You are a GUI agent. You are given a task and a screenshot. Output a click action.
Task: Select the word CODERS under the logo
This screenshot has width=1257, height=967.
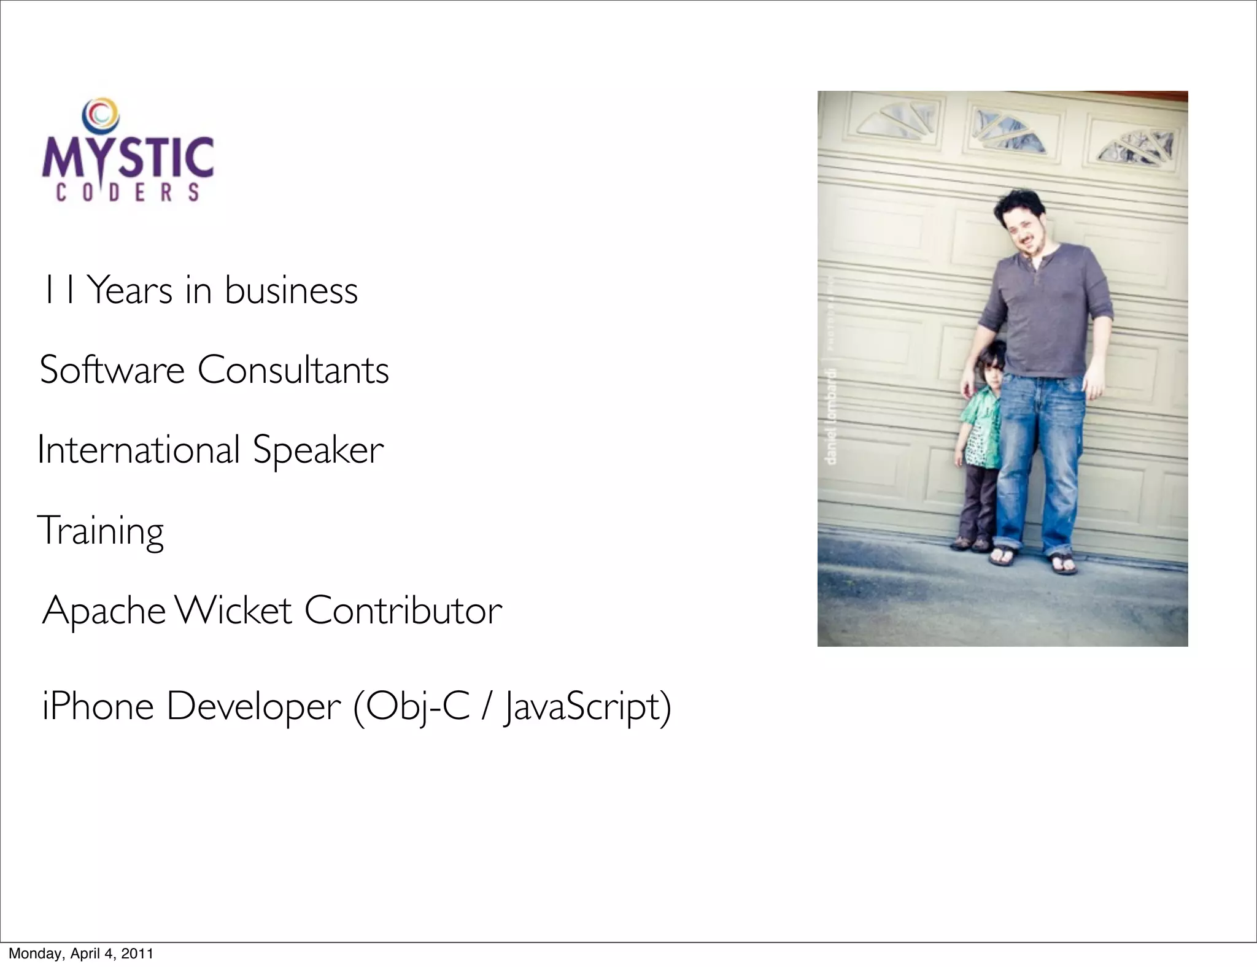point(128,193)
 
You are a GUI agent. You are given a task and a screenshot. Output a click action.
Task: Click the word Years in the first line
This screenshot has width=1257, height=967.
point(130,290)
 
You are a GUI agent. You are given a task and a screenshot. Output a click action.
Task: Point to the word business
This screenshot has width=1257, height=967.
point(291,290)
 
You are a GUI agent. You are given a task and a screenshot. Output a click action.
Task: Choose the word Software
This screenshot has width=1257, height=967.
point(112,370)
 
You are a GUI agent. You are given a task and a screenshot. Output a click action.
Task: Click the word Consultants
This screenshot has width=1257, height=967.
point(293,370)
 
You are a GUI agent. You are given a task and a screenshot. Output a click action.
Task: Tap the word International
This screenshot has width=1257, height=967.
point(138,450)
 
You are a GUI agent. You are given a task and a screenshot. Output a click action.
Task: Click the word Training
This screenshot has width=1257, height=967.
point(101,531)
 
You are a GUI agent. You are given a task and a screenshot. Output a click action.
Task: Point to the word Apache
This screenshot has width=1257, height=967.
point(104,611)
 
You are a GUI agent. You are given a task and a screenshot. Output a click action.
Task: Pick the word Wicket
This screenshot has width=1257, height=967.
point(233,611)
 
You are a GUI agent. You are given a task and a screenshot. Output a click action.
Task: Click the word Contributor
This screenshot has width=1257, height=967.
point(403,611)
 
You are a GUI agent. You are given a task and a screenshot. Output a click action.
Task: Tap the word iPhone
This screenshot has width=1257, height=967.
point(98,706)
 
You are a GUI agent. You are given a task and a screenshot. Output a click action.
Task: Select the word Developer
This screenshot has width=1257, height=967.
point(253,707)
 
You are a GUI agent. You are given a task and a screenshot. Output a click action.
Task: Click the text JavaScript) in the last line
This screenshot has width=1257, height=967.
point(587,707)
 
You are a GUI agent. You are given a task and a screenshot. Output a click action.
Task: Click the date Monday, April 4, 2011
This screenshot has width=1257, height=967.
point(80,954)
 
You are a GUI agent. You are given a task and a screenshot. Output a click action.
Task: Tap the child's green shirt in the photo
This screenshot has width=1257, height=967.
point(981,434)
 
